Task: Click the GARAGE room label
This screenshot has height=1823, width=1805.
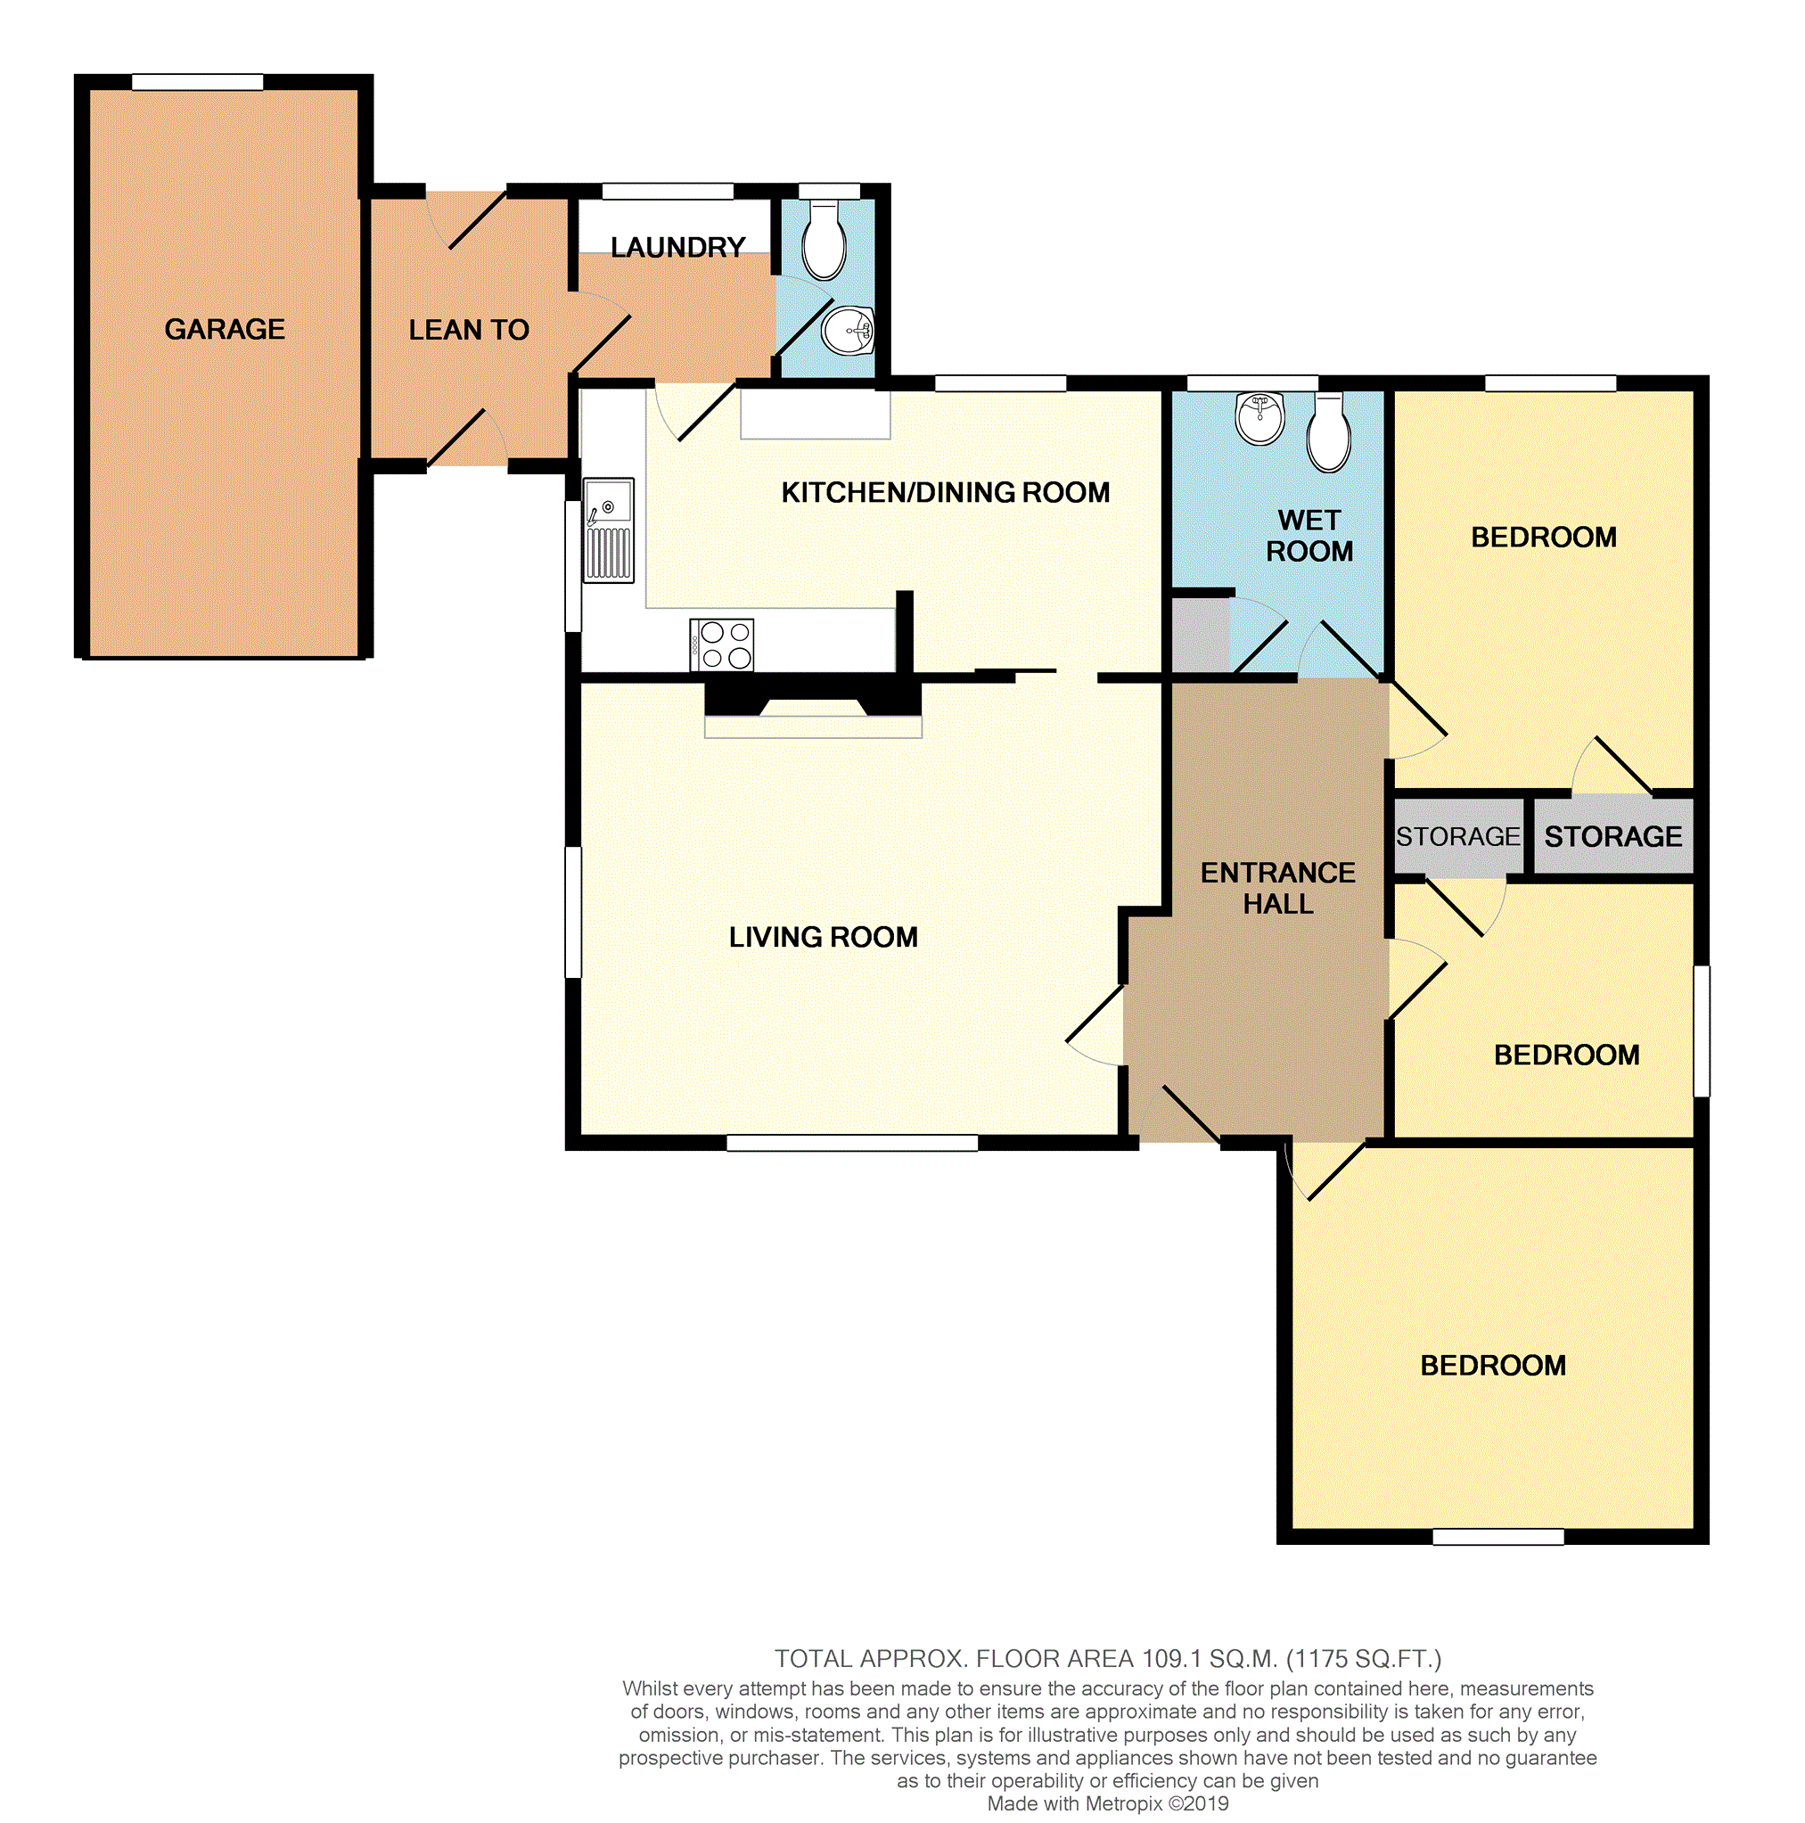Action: (225, 329)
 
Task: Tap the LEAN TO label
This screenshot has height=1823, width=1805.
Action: (469, 330)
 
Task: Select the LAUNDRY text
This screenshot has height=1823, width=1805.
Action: (678, 247)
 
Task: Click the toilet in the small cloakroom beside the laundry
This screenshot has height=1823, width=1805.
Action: (824, 241)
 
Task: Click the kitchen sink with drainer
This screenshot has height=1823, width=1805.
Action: (609, 530)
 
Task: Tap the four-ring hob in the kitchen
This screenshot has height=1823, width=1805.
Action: (722, 645)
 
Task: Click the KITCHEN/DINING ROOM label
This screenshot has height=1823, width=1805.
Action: (946, 493)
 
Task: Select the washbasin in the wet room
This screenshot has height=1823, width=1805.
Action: (1259, 418)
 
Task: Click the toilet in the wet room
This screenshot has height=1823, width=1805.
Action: (1328, 433)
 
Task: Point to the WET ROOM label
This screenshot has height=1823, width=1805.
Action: (1309, 536)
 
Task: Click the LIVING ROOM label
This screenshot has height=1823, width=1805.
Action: (824, 937)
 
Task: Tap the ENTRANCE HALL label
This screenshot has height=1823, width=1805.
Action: (1278, 888)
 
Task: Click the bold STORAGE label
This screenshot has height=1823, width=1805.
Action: (1613, 837)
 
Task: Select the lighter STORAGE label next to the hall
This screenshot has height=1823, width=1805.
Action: (1459, 837)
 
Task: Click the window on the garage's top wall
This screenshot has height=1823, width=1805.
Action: (197, 82)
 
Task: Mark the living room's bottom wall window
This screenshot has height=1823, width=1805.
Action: (853, 1143)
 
